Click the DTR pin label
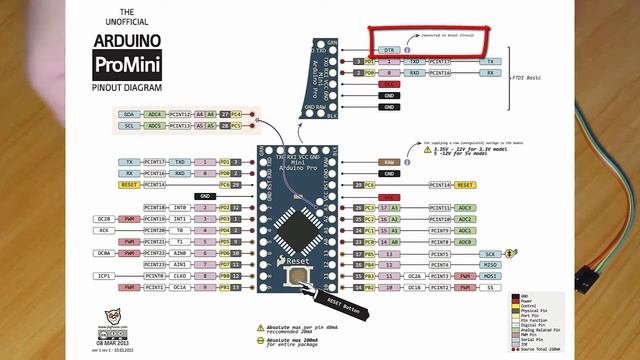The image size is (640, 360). pyautogui.click(x=389, y=49)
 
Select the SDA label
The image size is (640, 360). pyautogui.click(x=129, y=115)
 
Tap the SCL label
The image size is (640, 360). pyautogui.click(x=129, y=126)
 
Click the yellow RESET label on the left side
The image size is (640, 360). pyautogui.click(x=129, y=185)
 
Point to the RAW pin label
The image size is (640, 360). pyautogui.click(x=389, y=161)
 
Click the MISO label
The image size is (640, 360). pyautogui.click(x=490, y=265)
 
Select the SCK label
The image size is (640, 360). pyautogui.click(x=490, y=254)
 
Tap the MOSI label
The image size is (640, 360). pyautogui.click(x=490, y=276)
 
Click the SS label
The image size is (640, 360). pyautogui.click(x=490, y=287)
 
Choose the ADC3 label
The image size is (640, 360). pyautogui.click(x=465, y=207)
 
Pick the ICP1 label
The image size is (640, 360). pyautogui.click(x=104, y=275)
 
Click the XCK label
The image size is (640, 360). pyautogui.click(x=104, y=230)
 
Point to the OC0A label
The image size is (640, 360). pyautogui.click(x=104, y=253)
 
